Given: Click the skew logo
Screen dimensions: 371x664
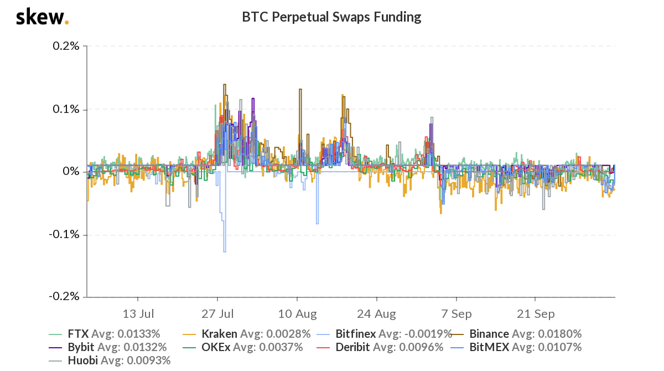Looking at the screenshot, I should (42, 17).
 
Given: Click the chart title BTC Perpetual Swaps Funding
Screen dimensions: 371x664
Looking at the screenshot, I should (331, 17).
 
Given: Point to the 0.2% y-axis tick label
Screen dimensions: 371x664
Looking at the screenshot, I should (67, 46).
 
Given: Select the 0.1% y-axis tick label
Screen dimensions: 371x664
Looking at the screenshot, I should (67, 109).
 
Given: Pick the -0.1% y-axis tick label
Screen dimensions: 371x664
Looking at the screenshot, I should (65, 235).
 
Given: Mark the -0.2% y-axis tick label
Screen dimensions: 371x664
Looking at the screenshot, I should (65, 297).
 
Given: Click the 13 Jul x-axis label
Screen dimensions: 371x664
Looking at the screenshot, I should (138, 314).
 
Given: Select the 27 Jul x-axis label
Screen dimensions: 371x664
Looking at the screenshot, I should (218, 314).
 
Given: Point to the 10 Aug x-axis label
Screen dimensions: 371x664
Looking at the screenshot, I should (297, 314).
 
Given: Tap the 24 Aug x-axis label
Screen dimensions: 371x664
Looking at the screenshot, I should (377, 314).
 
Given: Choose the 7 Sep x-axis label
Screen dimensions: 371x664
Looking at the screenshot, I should (456, 314).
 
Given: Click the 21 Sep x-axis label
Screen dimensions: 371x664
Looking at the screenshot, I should (536, 314).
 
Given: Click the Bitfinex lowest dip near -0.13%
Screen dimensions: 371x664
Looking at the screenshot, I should (225, 251).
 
